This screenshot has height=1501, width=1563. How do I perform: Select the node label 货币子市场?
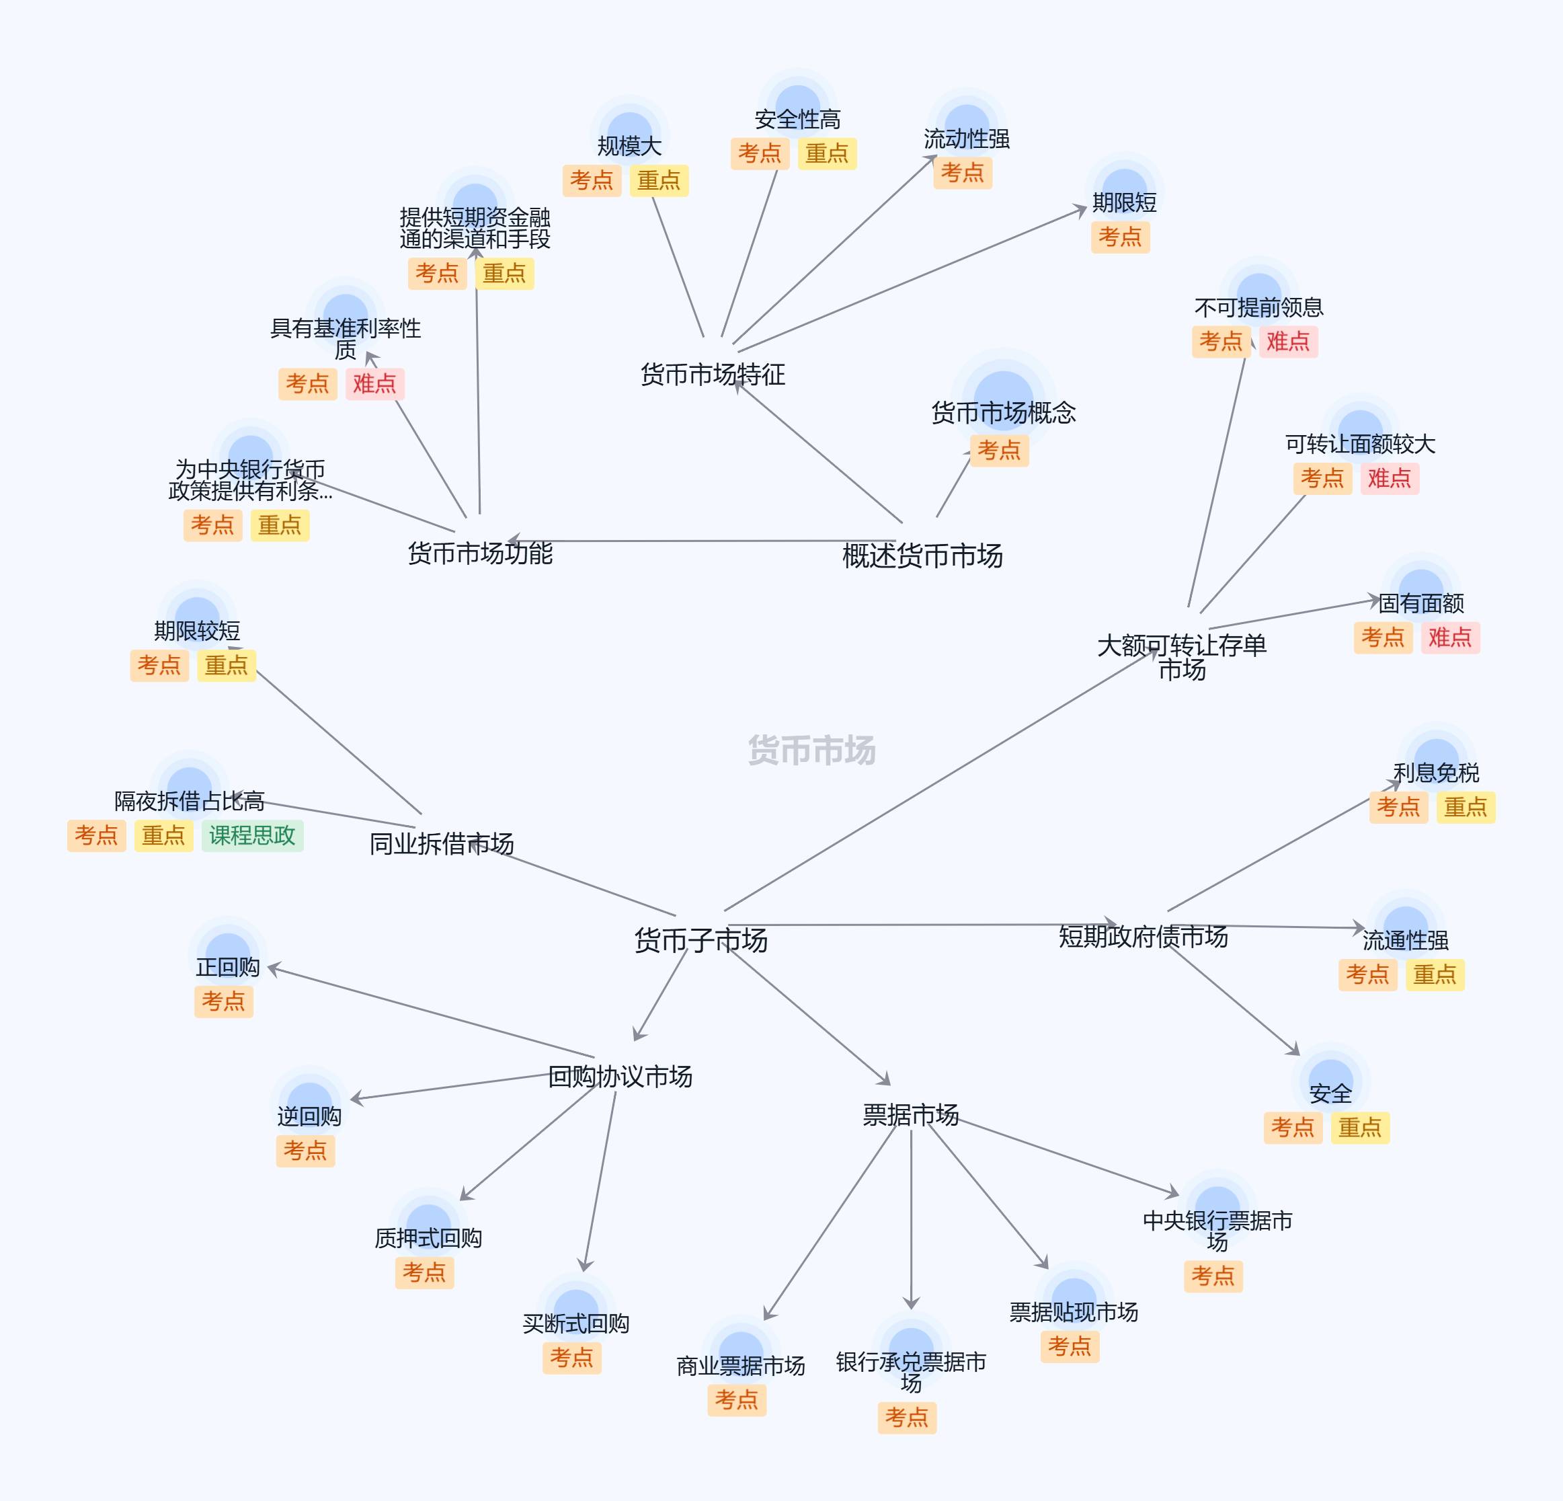(x=700, y=940)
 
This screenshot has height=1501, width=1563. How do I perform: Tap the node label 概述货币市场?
(x=922, y=556)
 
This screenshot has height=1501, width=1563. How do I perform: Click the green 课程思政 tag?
(x=252, y=836)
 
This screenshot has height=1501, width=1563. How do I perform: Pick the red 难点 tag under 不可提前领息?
(x=1288, y=342)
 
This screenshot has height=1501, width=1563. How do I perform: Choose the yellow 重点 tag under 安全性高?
(x=826, y=153)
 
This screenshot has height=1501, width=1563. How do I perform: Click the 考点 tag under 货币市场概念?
(x=998, y=451)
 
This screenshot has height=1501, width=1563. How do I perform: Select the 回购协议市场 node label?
(x=620, y=1077)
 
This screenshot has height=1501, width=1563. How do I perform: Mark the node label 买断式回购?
(x=575, y=1324)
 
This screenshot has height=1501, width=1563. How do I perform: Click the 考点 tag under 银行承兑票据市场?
(x=907, y=1417)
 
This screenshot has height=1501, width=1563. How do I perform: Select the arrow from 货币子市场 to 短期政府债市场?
(x=917, y=925)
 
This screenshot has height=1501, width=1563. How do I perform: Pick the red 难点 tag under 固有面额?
(x=1450, y=638)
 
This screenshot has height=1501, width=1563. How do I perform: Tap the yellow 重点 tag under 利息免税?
(x=1466, y=807)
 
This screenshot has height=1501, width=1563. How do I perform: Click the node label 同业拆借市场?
(x=441, y=844)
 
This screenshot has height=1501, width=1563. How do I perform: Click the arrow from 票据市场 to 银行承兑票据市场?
(x=911, y=1221)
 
